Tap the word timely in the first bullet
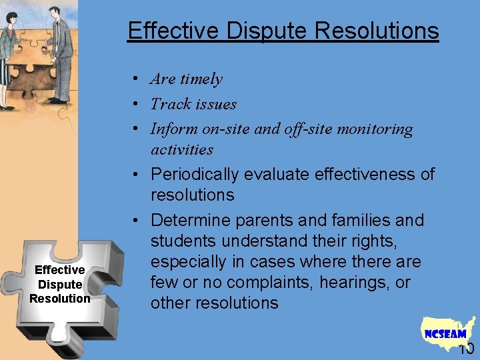201,79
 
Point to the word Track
169,104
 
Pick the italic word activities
182,149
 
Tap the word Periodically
195,175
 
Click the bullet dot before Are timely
135,79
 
